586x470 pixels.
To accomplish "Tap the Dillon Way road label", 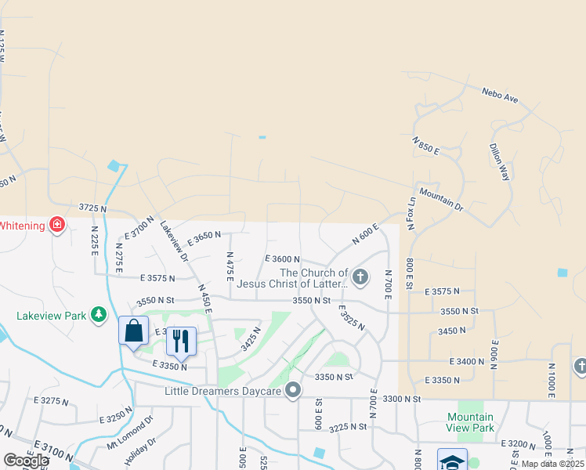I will coord(499,162).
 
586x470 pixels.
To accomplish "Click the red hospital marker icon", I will coord(56,226).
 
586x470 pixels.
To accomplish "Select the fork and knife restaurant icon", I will coord(181,339).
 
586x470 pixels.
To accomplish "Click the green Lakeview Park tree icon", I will coord(99,315).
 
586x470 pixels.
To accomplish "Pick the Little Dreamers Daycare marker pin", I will coord(294,389).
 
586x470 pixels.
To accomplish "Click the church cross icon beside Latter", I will coord(360,276).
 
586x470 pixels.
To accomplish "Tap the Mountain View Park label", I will coord(470,422).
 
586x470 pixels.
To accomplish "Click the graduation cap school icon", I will coord(452,461).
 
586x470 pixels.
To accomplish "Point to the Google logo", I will coord(26,461).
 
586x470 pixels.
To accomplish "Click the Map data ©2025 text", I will coord(552,464).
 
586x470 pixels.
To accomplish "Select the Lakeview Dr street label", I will coord(174,239).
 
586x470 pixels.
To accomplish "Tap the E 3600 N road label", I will coord(283,258).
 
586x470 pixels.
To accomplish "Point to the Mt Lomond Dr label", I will coord(131,432).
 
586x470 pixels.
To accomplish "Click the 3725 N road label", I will coord(92,208).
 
